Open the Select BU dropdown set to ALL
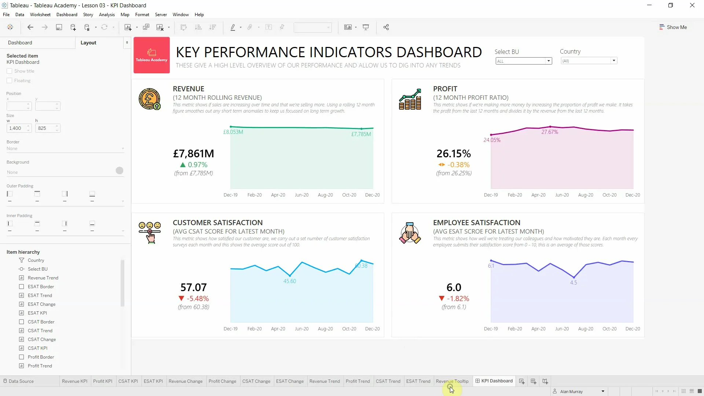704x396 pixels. click(x=524, y=61)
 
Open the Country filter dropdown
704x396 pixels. click(x=589, y=61)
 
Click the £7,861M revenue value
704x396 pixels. click(x=193, y=154)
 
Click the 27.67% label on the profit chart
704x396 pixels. click(x=550, y=132)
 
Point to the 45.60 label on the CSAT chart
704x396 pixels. click(x=289, y=281)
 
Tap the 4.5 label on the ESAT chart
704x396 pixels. click(x=573, y=283)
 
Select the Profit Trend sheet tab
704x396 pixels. click(x=357, y=381)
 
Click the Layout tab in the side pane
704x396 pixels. click(x=88, y=43)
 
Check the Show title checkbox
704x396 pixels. click(x=10, y=71)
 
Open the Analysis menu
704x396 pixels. click(x=107, y=15)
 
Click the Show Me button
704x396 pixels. click(x=673, y=27)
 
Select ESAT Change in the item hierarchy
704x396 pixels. click(x=41, y=304)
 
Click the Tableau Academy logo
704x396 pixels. click(x=151, y=55)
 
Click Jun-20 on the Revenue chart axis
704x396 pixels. click(x=301, y=195)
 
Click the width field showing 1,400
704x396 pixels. click(x=16, y=128)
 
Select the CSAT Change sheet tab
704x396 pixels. click(x=256, y=381)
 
